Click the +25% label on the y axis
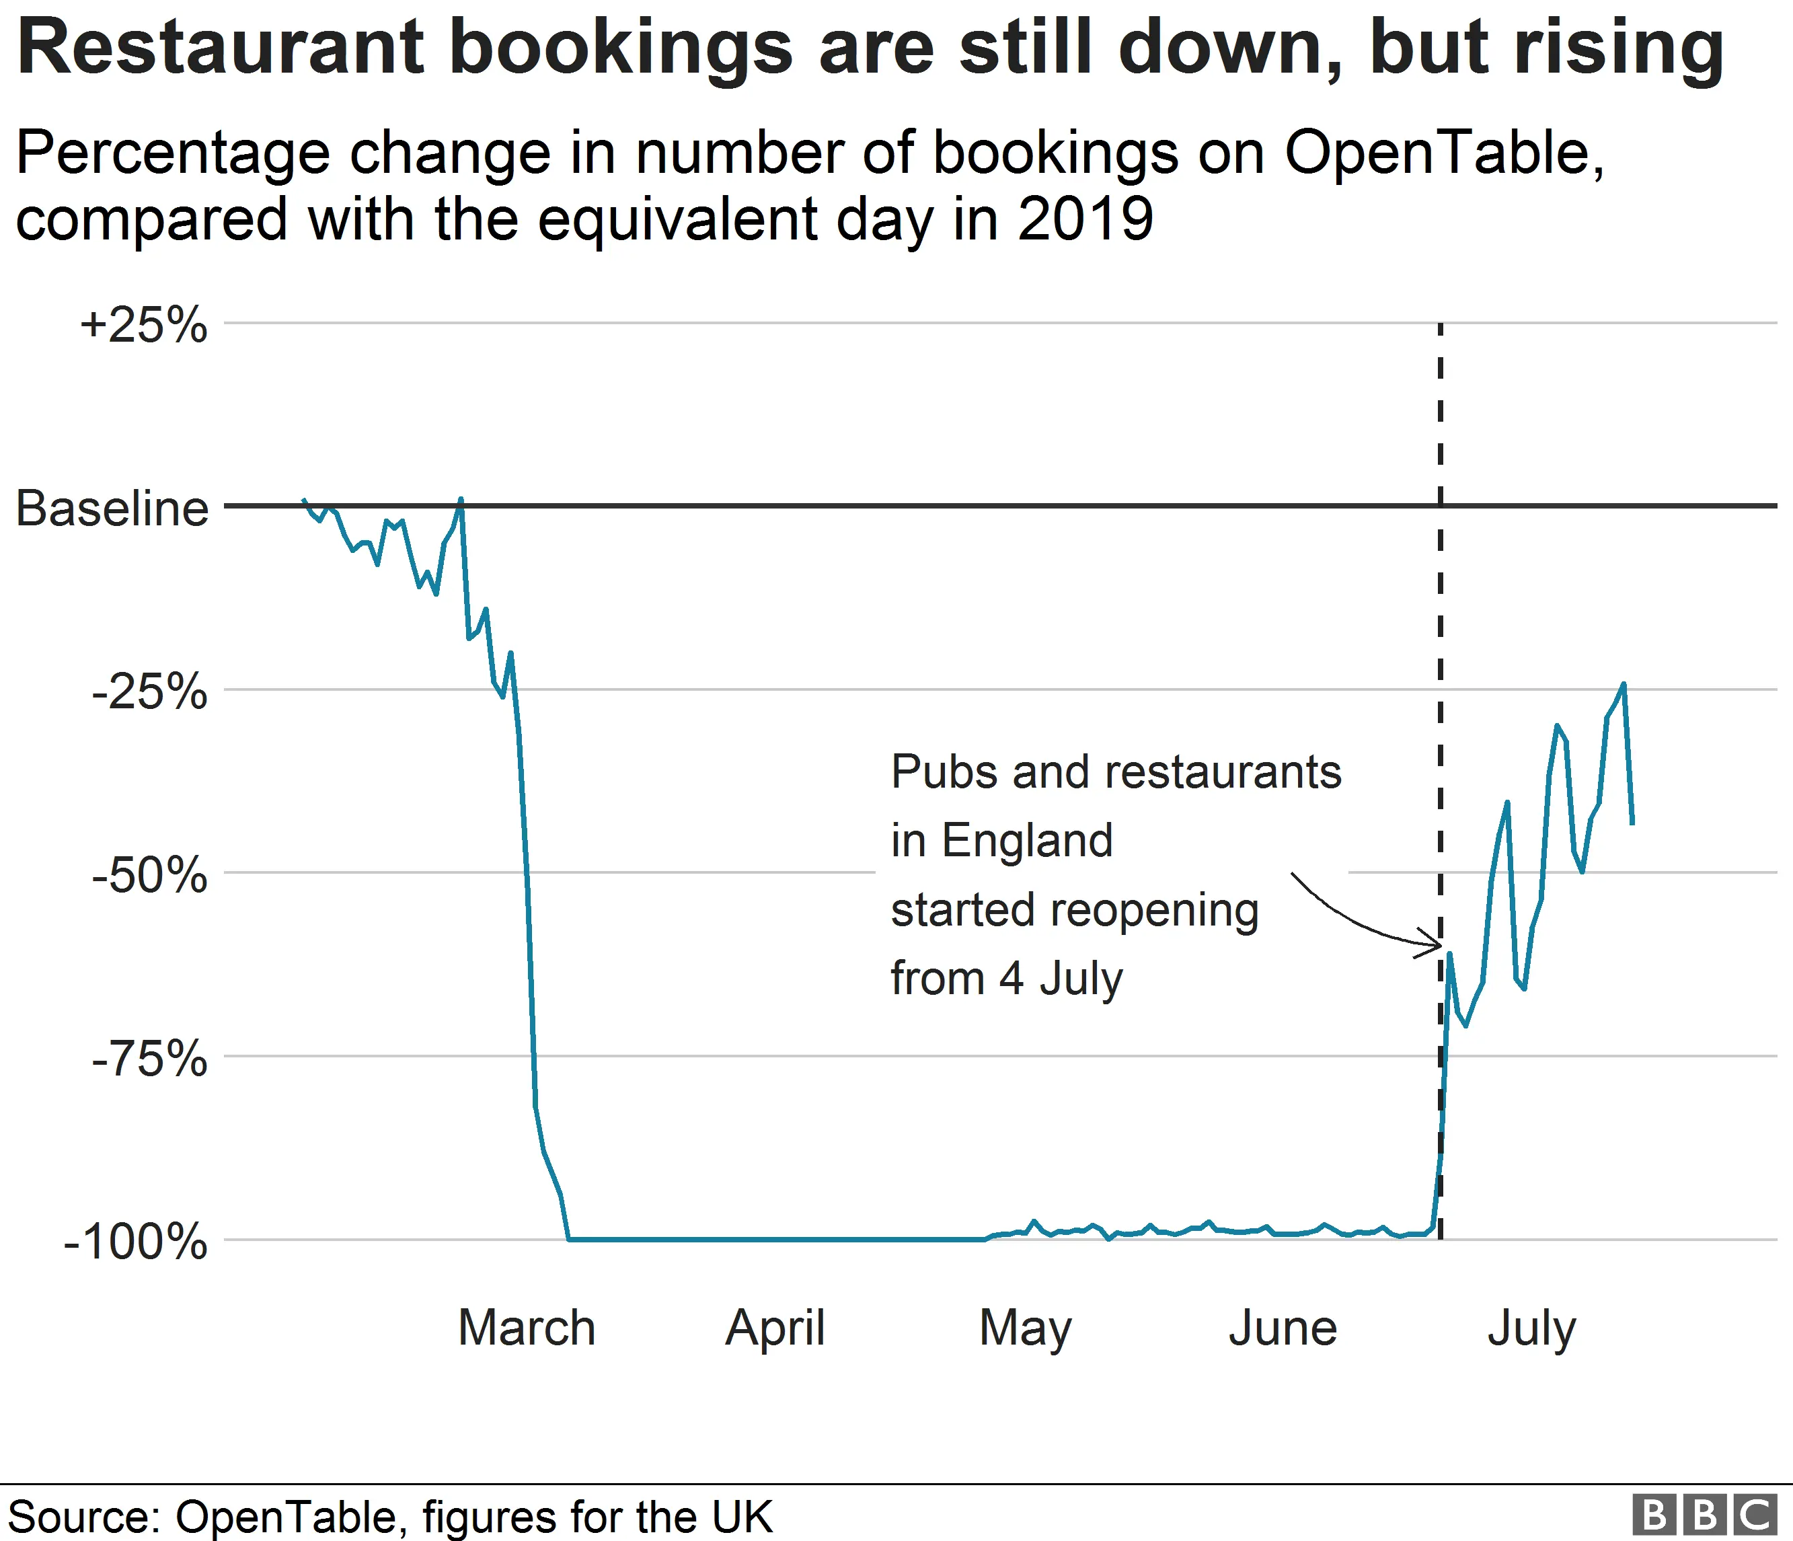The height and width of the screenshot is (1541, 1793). [x=144, y=326]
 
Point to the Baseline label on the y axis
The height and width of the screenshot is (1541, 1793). [x=112, y=508]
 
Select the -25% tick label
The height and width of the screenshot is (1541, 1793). [x=150, y=692]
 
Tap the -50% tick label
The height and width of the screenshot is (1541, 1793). [x=150, y=875]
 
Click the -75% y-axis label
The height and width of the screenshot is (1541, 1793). [x=150, y=1058]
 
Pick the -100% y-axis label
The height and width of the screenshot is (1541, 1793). [x=136, y=1242]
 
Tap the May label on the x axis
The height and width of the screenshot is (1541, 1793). [x=1026, y=1329]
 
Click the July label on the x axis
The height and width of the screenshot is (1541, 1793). [x=1531, y=1329]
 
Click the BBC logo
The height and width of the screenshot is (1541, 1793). [x=1704, y=1515]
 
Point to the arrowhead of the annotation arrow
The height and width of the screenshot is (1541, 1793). [x=1437, y=946]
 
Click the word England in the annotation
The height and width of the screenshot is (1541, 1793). [x=1026, y=840]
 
